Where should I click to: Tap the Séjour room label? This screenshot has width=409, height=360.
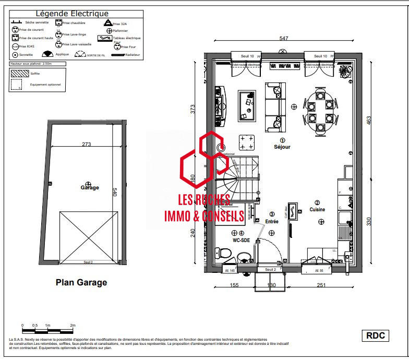(282, 147)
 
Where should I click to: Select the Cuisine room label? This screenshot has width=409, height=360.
(317, 209)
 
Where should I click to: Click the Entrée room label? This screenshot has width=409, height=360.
(272, 221)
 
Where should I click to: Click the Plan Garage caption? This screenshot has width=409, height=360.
(81, 282)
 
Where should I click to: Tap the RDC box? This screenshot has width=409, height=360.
(376, 335)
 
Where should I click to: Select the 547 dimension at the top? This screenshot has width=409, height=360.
(283, 39)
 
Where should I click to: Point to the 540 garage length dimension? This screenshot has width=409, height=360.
(115, 193)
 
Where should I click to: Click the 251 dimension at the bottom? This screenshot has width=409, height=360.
(321, 285)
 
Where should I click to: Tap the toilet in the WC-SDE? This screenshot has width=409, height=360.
(225, 254)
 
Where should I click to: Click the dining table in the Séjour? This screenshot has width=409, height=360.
(319, 112)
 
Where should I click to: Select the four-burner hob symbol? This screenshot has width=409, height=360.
(247, 142)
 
